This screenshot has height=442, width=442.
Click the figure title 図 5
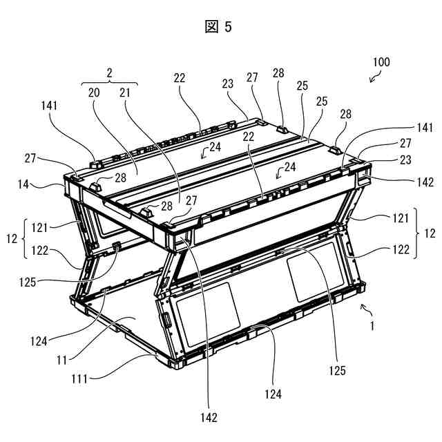coord(218,27)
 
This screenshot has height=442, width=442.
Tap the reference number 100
coord(381,62)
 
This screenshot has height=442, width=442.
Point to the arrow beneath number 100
coord(375,77)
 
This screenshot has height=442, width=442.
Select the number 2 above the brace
coord(109,73)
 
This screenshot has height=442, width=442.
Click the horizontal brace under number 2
coord(109,83)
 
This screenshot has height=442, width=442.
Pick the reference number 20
coord(94,93)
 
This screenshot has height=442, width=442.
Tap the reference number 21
coord(125,93)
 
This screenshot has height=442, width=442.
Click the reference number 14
coord(23,184)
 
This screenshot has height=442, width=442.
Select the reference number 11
coord(61,360)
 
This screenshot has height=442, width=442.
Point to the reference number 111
coord(79,379)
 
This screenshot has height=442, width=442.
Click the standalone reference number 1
coord(372,326)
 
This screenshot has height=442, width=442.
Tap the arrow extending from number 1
coord(366,309)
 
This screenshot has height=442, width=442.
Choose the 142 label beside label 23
coord(425,182)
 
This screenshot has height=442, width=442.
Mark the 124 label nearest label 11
coord(39,342)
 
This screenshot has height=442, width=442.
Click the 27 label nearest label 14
coord(30,158)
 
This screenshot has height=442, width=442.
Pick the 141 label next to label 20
coord(49,106)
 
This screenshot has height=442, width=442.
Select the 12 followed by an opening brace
coord(12,239)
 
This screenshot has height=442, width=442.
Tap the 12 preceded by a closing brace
coord(430,233)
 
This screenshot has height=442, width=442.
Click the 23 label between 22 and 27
coord(227,84)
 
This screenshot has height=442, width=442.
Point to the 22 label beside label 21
coord(180,78)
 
